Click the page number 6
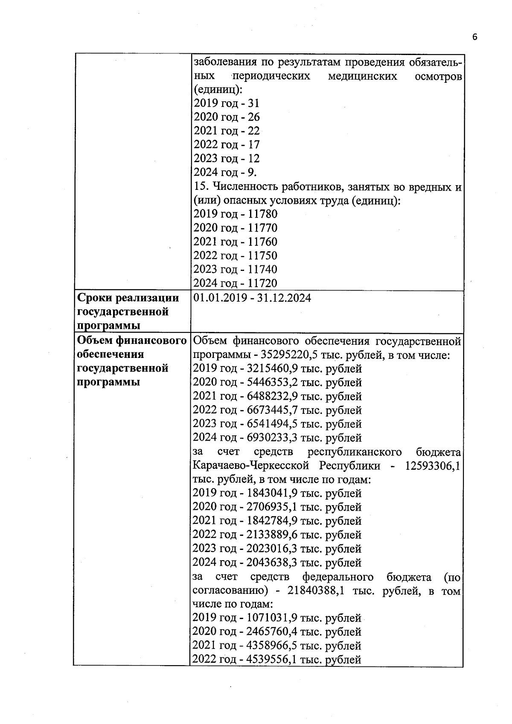tap(474, 37)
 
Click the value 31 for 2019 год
tap(253, 103)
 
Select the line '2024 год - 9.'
tap(225, 172)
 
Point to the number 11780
tap(262, 214)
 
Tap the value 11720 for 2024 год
tap(262, 283)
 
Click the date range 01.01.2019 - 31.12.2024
tap(252, 298)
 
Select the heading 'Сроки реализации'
tap(128, 298)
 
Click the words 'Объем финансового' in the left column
tap(132, 340)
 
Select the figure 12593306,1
tap(432, 465)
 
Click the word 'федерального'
tap(337, 577)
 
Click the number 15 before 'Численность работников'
tap(200, 186)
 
